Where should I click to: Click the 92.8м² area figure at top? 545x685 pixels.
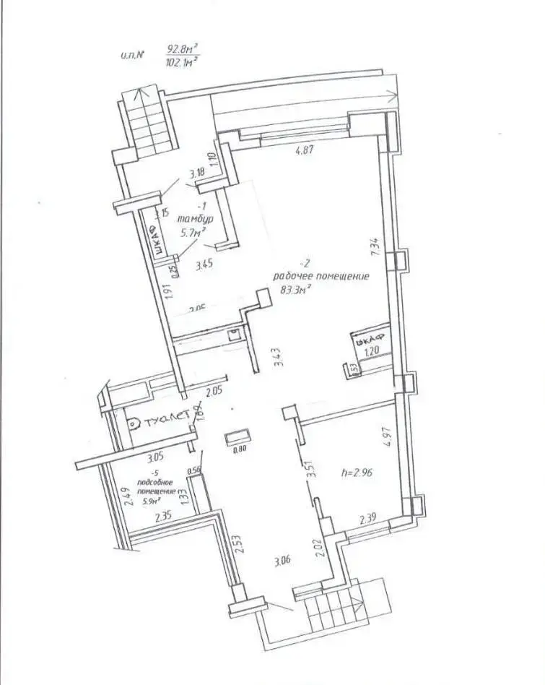click(181, 49)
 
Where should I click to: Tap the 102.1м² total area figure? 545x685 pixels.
click(181, 63)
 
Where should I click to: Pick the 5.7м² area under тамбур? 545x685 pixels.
click(193, 232)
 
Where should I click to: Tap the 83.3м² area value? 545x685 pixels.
click(295, 290)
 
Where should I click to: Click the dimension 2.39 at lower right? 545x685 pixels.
click(368, 519)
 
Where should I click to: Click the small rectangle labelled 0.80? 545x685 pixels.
click(237, 439)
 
